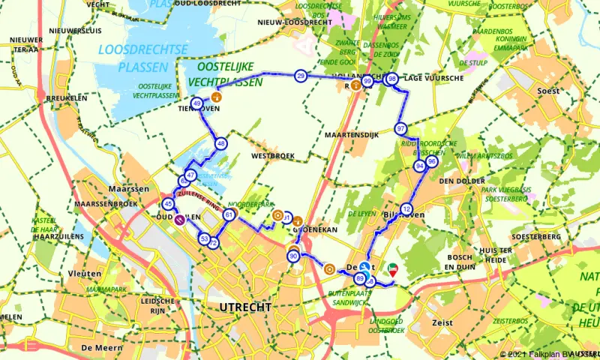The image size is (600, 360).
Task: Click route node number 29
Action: (301, 76)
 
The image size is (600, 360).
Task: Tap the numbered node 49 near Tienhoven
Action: (196, 104)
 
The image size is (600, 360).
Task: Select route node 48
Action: (220, 143)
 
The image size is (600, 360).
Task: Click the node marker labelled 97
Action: (401, 128)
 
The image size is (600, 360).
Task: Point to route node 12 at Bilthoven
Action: (406, 208)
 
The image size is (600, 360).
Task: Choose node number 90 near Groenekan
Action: (293, 256)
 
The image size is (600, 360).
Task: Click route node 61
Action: (229, 215)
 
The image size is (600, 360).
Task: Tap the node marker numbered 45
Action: (169, 204)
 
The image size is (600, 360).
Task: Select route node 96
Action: (431, 161)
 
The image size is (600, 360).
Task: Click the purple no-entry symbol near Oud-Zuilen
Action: (180, 220)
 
